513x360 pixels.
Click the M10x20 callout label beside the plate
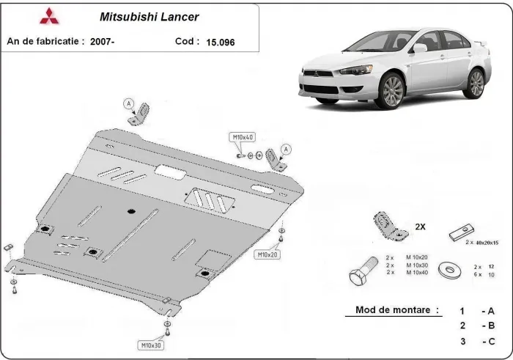[267, 254]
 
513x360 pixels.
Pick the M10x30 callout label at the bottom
[151, 344]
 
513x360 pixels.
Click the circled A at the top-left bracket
[130, 103]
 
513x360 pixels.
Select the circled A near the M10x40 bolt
[286, 149]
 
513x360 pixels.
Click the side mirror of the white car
[419, 48]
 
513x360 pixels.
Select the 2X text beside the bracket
[421, 226]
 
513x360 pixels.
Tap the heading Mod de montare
[397, 310]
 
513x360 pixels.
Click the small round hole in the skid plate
[129, 212]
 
